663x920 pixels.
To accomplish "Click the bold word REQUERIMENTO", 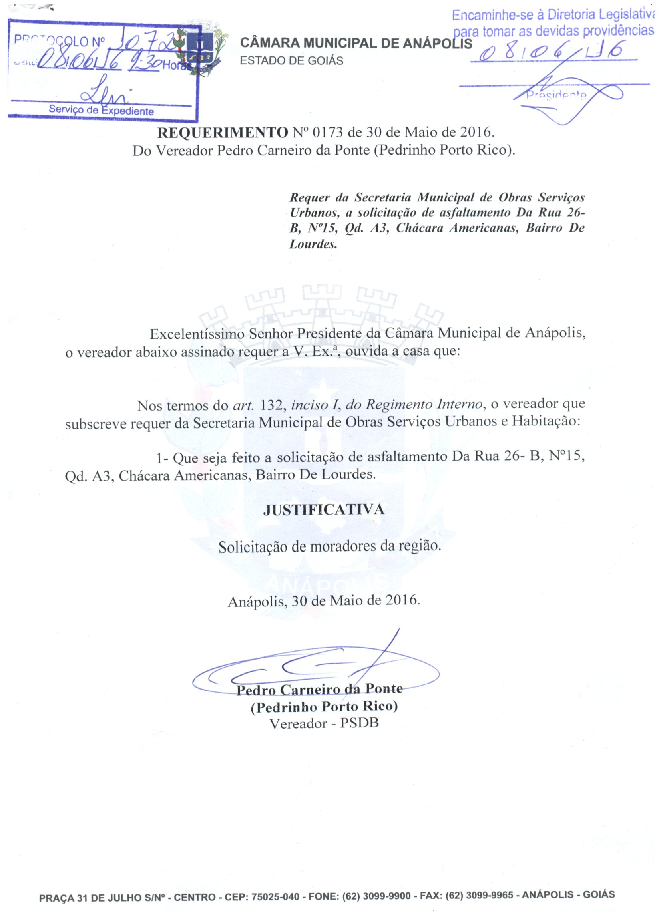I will tap(222, 133).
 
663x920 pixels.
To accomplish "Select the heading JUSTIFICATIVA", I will tap(323, 509).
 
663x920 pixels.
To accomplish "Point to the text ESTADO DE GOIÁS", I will tap(291, 61).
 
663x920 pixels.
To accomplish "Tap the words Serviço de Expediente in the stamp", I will tap(101, 110).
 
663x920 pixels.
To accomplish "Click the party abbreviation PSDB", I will tap(359, 724).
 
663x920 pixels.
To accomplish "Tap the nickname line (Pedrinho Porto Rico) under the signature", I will tap(324, 707).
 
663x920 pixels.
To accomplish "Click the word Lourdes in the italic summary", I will tap(313, 244).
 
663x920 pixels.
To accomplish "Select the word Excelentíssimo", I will tap(197, 334).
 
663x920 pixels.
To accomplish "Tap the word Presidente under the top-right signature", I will tap(556, 96).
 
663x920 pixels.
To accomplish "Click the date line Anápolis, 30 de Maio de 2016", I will tap(323, 600).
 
